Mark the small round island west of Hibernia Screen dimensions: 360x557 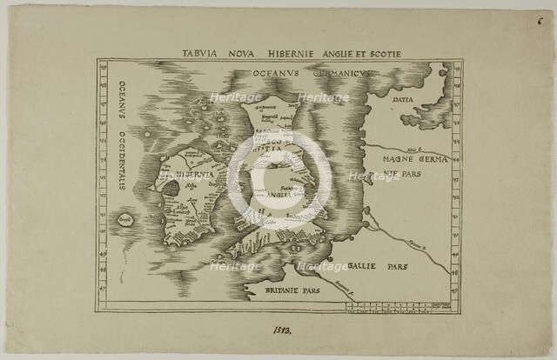125,219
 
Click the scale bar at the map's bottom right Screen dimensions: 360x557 400,306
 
